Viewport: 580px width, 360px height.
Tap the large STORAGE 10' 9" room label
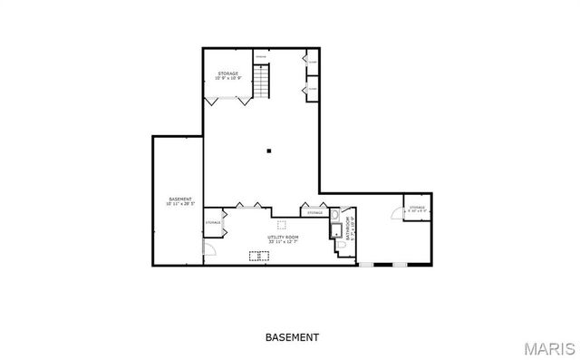[x=227, y=75]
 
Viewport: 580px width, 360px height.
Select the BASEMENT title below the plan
[x=292, y=337]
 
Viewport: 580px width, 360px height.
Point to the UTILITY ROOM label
[x=284, y=239]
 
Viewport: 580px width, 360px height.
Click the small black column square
[x=269, y=151]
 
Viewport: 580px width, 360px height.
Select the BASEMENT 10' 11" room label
[x=181, y=201]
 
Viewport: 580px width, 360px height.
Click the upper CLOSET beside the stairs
[x=312, y=62]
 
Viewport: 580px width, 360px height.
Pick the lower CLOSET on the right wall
[x=312, y=89]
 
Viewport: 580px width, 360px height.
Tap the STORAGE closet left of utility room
[x=213, y=223]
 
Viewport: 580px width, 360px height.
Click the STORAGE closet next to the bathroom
[x=314, y=213]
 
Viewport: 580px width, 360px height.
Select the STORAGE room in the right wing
[x=416, y=209]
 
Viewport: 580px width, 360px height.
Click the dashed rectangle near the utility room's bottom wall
[x=258, y=256]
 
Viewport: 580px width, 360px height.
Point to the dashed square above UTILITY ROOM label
[x=282, y=224]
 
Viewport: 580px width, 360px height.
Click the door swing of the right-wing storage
[x=395, y=213]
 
